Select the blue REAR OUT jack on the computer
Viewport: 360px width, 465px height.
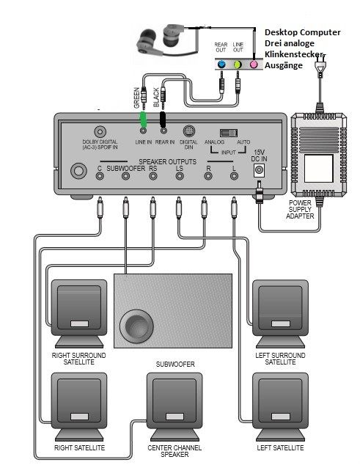tap(221, 65)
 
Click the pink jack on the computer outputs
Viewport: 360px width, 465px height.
tap(254, 65)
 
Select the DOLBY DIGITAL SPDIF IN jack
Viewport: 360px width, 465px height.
tap(99, 131)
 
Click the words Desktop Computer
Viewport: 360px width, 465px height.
tap(302, 32)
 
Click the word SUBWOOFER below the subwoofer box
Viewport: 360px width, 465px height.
tap(174, 364)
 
